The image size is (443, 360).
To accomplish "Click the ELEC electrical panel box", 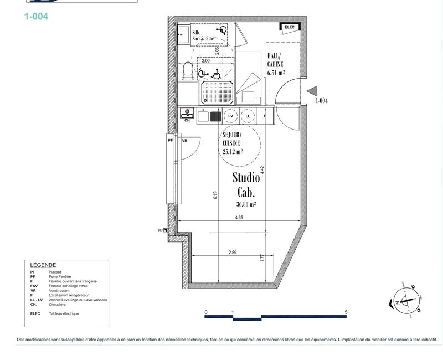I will point(290,27).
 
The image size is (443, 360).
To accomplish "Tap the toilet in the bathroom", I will point(188,71).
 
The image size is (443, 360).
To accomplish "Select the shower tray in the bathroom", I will point(217,92).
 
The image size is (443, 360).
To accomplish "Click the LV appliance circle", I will point(231,116).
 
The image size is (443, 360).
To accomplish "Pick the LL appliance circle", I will point(248,116).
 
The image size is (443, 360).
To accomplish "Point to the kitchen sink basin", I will point(215,116).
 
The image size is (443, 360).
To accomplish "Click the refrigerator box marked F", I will point(265,116).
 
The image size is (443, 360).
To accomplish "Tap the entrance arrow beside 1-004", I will point(312,91).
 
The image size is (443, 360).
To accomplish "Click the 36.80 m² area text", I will point(245,204).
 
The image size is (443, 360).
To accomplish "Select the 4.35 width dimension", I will point(239,218).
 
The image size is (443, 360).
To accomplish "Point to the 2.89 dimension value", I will point(233,252).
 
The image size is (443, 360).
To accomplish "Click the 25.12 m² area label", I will point(232,151).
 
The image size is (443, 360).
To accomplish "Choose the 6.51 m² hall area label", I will point(276,72).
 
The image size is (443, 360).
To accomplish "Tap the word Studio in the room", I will point(246,178).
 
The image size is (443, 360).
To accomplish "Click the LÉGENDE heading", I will point(43,265).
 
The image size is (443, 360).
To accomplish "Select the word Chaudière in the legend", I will point(58,305).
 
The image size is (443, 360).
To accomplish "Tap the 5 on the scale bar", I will point(346,312).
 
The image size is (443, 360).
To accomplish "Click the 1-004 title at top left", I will point(36,17).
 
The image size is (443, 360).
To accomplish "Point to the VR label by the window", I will point(185,141).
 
